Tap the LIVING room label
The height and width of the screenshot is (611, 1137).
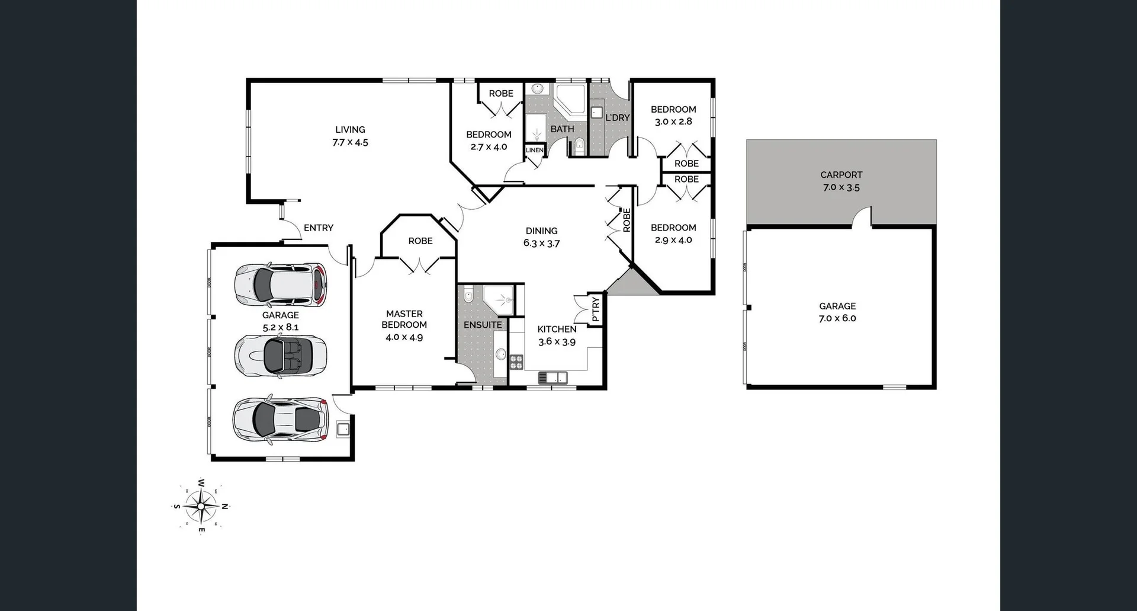350,130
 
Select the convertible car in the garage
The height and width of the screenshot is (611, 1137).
280,356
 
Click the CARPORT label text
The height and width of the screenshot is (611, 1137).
841,175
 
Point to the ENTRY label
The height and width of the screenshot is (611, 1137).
318,228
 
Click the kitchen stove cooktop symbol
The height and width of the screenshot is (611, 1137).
516,362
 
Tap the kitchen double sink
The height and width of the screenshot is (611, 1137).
552,378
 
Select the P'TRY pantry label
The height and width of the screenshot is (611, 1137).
596,309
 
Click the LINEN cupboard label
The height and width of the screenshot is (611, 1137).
534,151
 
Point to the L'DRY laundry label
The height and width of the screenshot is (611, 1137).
617,118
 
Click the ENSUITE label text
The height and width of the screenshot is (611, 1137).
483,325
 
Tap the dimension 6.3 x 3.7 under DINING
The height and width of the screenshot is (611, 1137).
541,244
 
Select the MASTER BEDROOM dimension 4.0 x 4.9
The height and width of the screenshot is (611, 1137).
404,337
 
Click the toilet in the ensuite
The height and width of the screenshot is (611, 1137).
468,295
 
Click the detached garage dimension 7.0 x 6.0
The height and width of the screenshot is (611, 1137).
837,318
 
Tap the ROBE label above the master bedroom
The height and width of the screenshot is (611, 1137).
420,241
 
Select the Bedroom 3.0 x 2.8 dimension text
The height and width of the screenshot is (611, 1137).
673,121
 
